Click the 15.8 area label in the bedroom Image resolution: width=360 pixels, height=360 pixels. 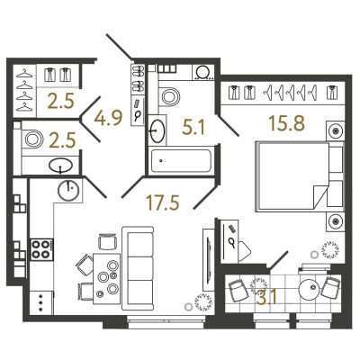tap(287, 123)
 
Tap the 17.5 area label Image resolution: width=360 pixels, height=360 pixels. tap(162, 202)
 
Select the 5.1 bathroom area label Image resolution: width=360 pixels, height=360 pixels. tap(193, 128)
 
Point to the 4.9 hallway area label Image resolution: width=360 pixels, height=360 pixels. tap(108, 118)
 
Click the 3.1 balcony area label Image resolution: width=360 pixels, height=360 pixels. tap(267, 298)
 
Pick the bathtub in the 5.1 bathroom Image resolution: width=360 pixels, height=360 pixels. tap(181, 161)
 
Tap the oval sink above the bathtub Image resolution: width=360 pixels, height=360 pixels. tap(157, 130)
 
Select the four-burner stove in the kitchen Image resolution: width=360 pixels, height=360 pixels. tap(41, 249)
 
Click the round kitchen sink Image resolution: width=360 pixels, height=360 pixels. tap(68, 191)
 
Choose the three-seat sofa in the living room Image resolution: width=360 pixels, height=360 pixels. tap(138, 268)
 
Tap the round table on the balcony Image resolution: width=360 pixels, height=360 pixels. tap(311, 289)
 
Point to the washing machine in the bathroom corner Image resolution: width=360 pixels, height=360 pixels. tap(203, 72)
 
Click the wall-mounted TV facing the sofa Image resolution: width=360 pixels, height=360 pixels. tap(208, 260)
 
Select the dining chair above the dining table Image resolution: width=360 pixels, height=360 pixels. tap(107, 242)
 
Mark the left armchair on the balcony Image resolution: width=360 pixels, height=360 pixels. tap(238, 291)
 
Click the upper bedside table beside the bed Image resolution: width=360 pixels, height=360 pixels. tap(335, 130)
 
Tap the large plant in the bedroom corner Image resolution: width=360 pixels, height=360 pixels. tap(330, 249)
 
